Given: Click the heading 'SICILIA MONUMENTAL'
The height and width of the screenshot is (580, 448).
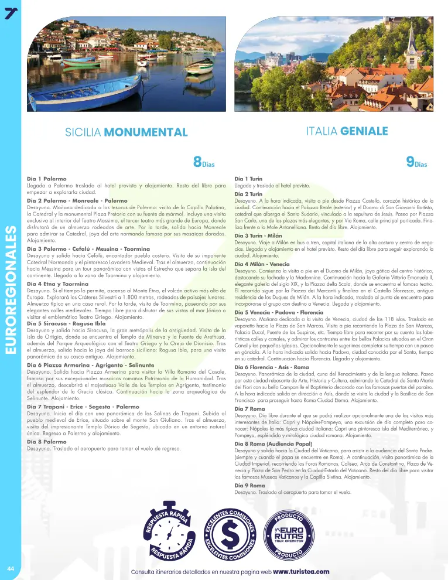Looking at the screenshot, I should click(x=126, y=132).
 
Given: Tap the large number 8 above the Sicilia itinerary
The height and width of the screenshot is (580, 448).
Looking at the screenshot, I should click(x=197, y=162).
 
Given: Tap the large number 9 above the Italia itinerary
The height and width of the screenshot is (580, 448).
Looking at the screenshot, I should click(x=410, y=162).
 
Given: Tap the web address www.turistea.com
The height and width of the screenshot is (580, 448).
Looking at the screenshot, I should click(x=301, y=571).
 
